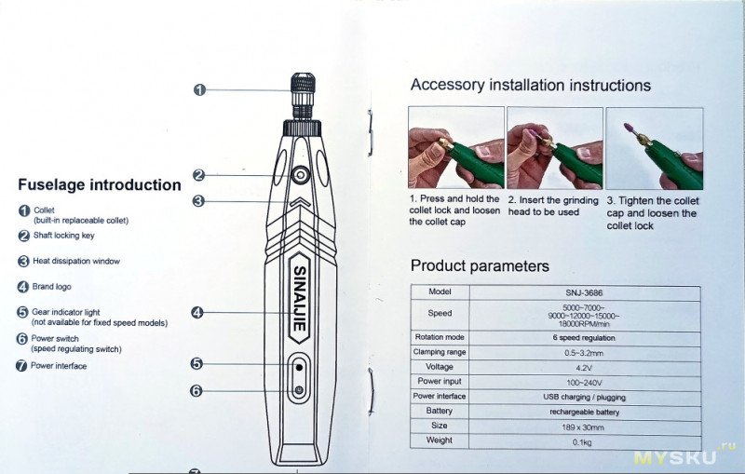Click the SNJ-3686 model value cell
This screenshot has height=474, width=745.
pos(585,293)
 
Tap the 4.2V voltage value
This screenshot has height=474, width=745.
pos(585,368)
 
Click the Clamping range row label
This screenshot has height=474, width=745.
pos(440,352)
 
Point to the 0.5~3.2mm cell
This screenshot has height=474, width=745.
pos(585,353)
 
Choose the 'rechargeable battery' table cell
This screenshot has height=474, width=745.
pos(585,412)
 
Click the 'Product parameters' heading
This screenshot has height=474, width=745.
pos(480,266)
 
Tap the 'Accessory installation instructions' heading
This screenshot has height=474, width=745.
pos(530,85)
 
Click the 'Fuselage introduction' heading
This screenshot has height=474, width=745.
pos(100,184)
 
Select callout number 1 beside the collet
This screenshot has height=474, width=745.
pos(199,89)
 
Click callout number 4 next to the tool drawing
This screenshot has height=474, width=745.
pos(197,313)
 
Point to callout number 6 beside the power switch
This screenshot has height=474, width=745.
pos(196,390)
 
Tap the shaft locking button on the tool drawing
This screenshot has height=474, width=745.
pos(300,176)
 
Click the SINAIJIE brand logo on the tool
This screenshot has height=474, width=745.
pos(299,298)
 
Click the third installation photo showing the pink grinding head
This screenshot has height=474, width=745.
pos(655,149)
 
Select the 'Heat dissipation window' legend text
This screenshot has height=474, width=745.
pos(76,261)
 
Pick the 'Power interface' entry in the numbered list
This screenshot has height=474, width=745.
pos(59,366)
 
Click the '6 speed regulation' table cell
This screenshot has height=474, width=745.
pos(584,338)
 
